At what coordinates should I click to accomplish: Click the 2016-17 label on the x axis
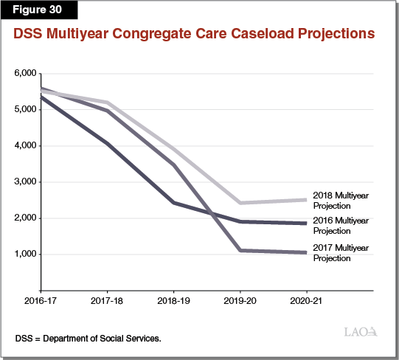point(41,302)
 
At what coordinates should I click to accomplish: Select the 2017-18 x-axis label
point(107,302)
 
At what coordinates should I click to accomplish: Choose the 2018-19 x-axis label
point(173,302)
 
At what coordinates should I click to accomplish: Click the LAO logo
point(362,331)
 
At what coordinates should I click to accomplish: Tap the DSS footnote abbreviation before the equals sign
point(24,338)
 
